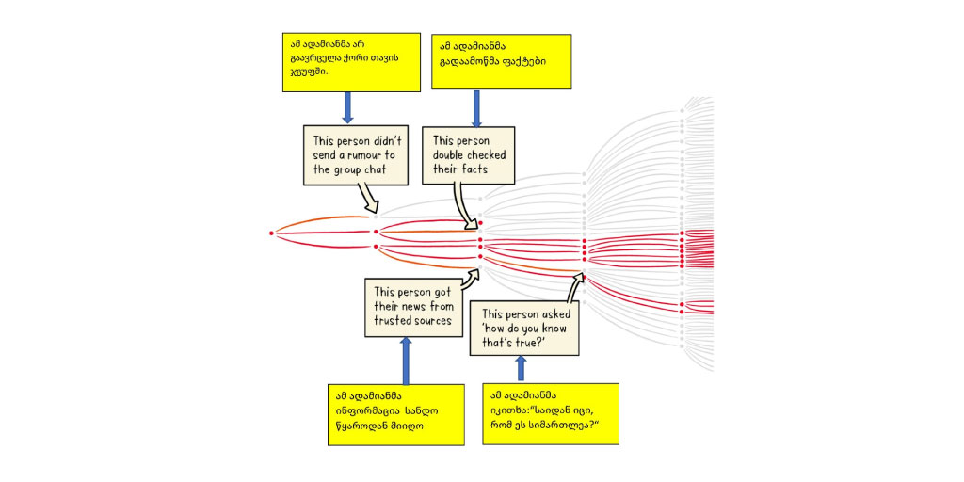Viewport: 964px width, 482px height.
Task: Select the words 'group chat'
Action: pyautogui.click(x=362, y=169)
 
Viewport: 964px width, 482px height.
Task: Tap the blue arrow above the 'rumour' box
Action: pyautogui.click(x=347, y=107)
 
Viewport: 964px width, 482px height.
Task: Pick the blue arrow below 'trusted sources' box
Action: pyautogui.click(x=406, y=361)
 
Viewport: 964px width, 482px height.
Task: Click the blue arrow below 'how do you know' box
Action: pyautogui.click(x=522, y=369)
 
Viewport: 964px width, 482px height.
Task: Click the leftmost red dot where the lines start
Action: pyautogui.click(x=271, y=233)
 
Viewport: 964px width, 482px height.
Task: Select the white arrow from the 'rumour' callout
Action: pyautogui.click(x=368, y=198)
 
